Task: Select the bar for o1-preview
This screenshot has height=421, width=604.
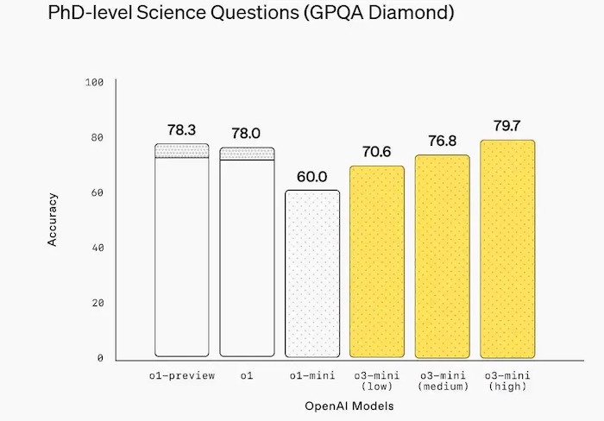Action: [x=182, y=259]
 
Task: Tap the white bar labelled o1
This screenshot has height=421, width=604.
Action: [x=247, y=259]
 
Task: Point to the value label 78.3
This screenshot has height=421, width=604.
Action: [x=182, y=129]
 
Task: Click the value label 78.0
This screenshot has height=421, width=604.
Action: [x=247, y=133]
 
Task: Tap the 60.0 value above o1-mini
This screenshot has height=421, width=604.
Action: [x=312, y=176]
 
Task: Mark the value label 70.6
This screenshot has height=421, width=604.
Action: [x=377, y=152]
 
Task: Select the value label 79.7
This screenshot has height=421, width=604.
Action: [x=507, y=126]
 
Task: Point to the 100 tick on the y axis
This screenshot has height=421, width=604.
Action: [x=95, y=82]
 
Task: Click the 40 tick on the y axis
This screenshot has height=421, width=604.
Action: [x=98, y=248]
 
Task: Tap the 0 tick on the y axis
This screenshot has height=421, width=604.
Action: [x=100, y=357]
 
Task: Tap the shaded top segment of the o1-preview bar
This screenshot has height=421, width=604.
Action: [x=182, y=151]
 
